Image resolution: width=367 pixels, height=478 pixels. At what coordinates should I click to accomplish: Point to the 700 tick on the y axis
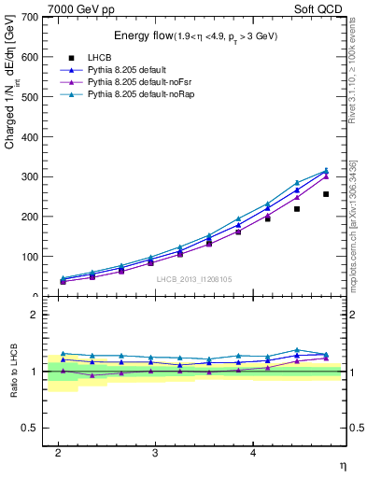(x=29, y=18)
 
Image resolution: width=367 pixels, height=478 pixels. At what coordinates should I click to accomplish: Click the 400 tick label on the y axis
(x=29, y=137)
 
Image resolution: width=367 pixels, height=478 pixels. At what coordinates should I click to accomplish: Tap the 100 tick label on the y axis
(x=29, y=257)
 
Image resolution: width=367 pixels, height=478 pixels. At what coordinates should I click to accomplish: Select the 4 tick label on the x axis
(x=252, y=452)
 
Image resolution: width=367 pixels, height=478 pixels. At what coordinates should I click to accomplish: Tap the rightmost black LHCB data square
(x=326, y=194)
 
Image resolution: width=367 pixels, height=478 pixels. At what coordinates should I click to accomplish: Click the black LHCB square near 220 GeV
(x=297, y=208)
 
